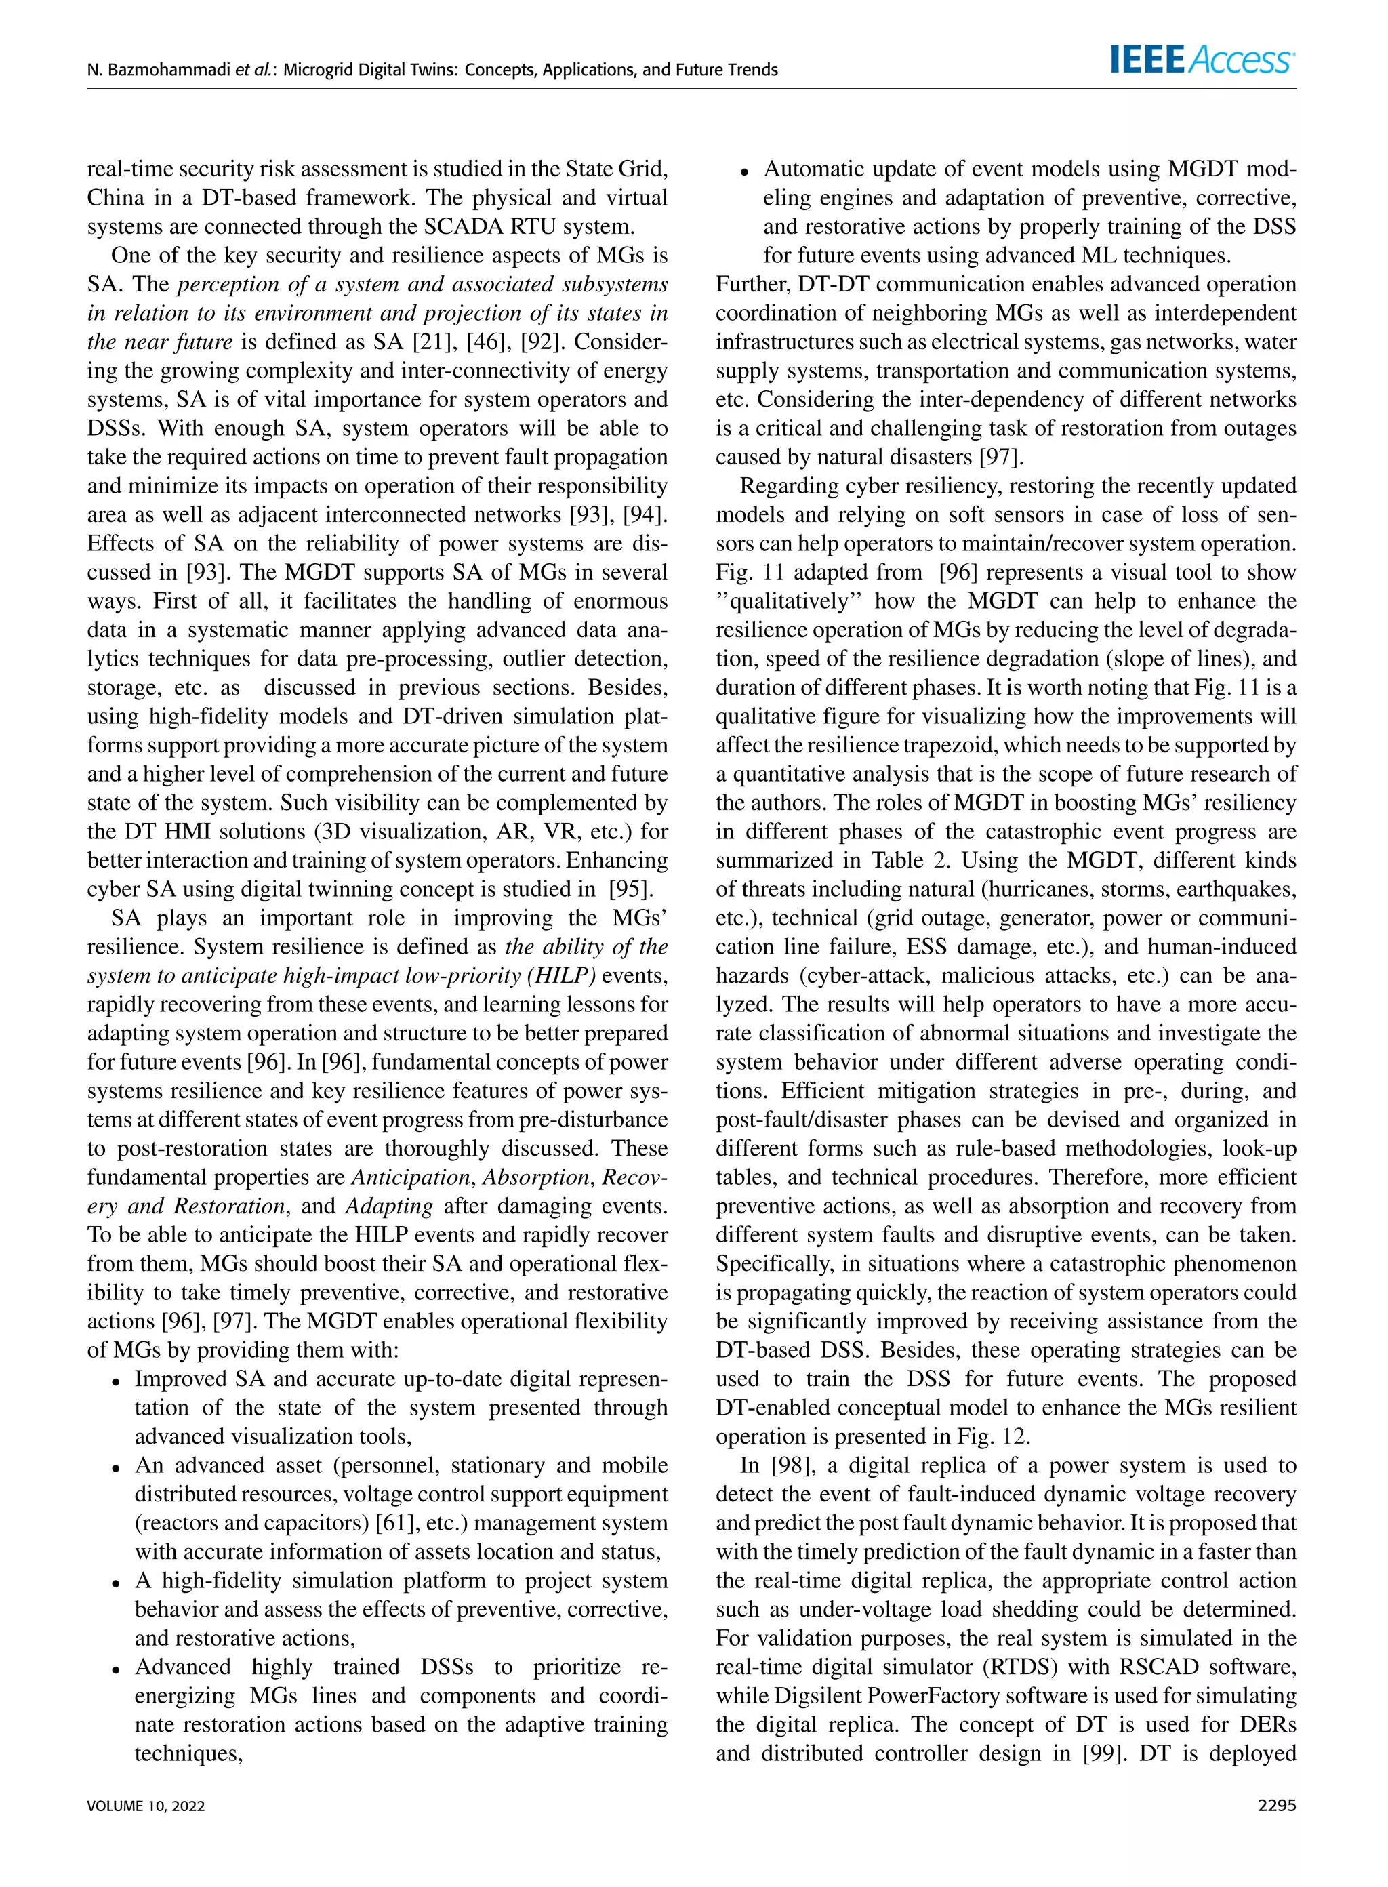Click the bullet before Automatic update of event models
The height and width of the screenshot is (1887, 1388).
point(744,172)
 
